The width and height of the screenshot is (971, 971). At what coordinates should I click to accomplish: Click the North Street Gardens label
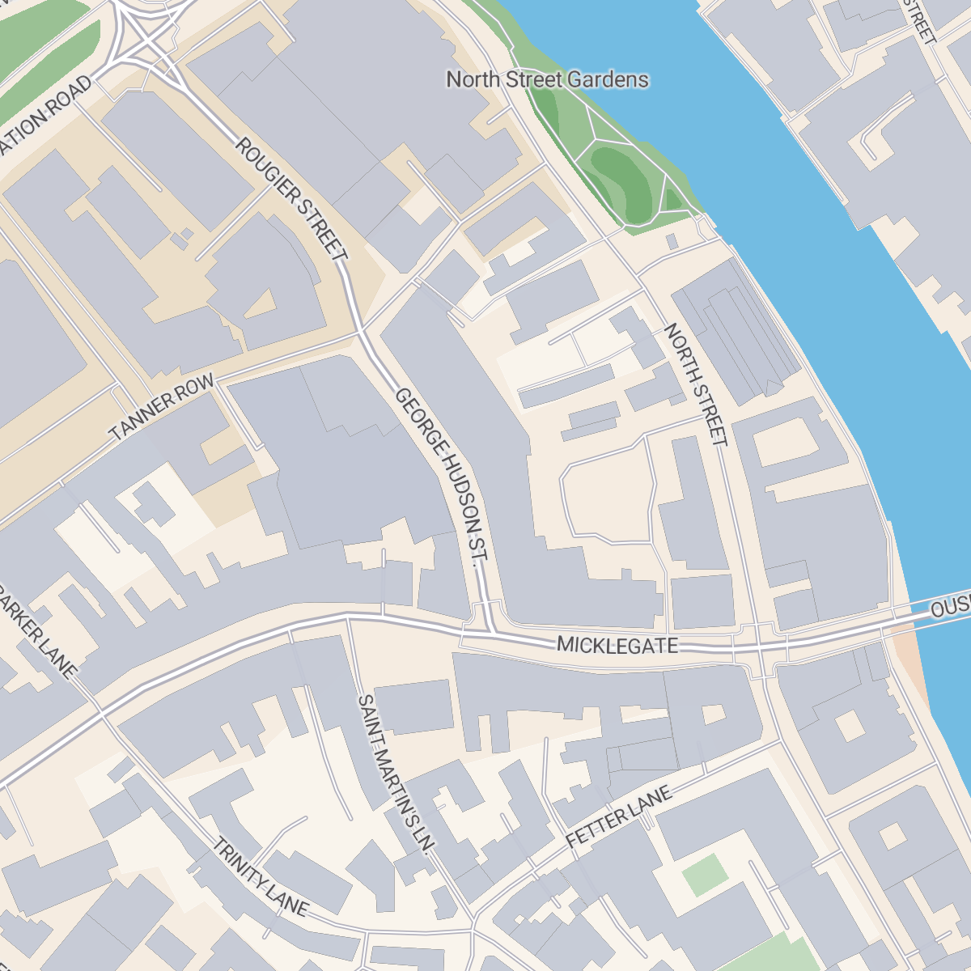tap(547, 79)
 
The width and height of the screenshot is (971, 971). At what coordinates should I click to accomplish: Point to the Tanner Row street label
tap(162, 407)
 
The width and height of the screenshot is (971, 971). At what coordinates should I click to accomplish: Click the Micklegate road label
tap(617, 645)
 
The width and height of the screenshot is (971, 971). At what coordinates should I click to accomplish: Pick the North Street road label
tap(696, 384)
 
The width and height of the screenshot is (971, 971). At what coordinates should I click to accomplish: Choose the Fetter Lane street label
tap(619, 817)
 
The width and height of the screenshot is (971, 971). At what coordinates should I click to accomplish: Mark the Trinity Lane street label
tap(260, 878)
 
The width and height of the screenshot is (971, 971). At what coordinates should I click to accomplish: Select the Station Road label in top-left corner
tap(45, 113)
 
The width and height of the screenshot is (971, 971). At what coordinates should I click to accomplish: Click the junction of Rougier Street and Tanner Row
tap(361, 332)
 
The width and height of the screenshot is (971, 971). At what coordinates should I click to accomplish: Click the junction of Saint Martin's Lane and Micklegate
tap(349, 617)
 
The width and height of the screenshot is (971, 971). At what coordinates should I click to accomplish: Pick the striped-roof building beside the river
tap(732, 332)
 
